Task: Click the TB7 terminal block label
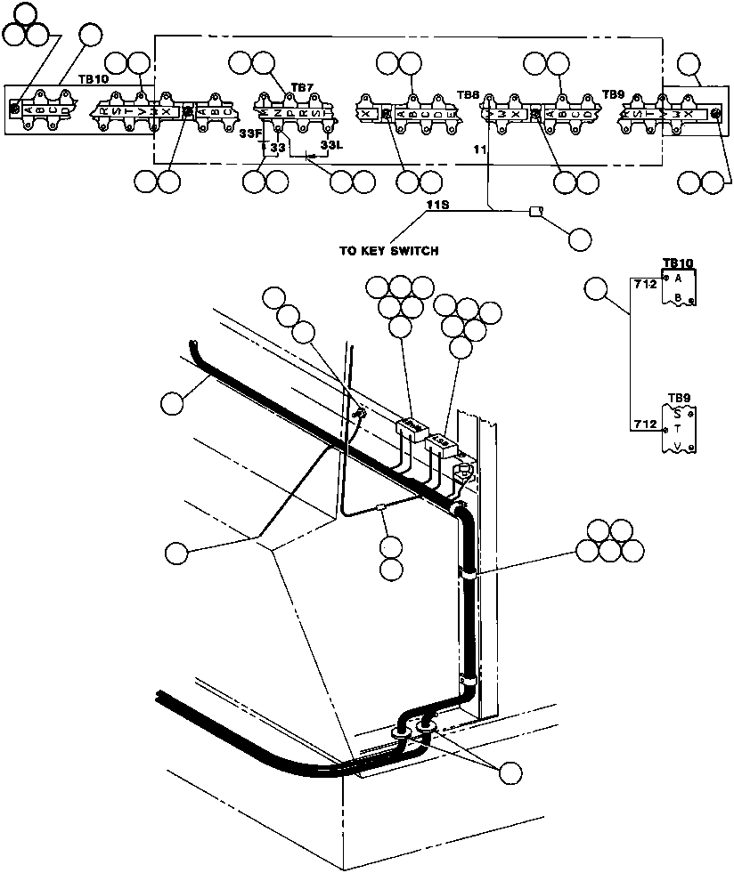pos(302,88)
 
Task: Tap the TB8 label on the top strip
pos(468,94)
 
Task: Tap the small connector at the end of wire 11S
pos(536,211)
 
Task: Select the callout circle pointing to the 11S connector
pos(579,238)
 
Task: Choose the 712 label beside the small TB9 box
pos(644,424)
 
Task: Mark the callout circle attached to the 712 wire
pos(597,289)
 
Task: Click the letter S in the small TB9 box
pos(677,414)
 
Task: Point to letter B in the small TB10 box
pos(677,297)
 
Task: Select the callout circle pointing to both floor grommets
pos(510,772)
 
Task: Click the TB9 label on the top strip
pos(613,93)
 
